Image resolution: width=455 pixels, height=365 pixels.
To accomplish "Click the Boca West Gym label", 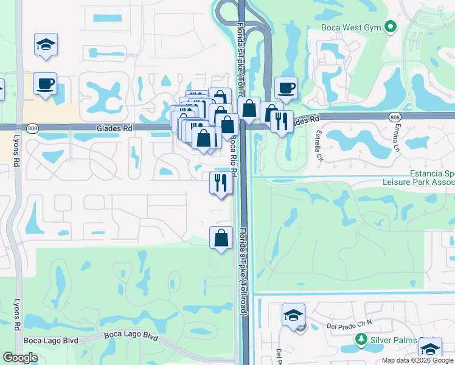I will pos(352,27).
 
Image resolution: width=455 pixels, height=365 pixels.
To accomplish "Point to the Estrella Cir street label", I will pos(319,145).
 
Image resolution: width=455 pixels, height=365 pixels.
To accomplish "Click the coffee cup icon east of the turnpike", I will pos(286,88).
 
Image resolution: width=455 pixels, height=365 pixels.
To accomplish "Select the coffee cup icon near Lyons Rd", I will pos(46,83).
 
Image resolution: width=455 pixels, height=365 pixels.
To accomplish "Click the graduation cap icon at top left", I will pos(46,44).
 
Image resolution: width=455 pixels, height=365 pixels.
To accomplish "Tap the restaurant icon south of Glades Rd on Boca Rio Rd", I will pos(221,182).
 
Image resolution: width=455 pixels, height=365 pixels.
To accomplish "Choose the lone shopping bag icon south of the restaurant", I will pos(221,237).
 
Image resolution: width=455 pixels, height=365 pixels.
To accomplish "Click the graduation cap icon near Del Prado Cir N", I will pos(293,316).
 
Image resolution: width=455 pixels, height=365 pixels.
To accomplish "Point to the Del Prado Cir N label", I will pos(349,325).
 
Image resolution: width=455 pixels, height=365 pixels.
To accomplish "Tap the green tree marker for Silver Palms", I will pos(361,339).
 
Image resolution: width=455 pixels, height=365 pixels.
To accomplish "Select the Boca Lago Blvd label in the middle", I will pos(131,335).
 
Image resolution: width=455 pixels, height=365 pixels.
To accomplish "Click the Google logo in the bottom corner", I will pos(20,358).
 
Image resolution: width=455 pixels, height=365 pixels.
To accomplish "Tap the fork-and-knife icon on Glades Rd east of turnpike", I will pos(282,121).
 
